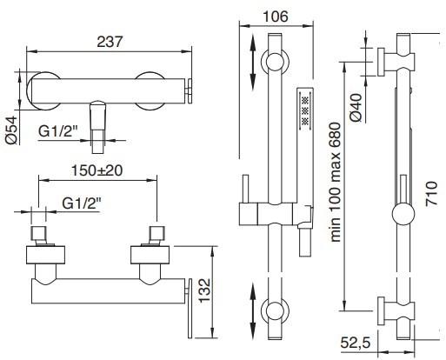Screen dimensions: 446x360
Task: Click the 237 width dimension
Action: (x=110, y=42)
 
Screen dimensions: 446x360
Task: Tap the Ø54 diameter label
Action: (x=12, y=130)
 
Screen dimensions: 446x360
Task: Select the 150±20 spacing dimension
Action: (x=97, y=170)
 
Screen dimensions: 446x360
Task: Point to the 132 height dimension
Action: (x=204, y=290)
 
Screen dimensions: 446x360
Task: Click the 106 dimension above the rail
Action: (x=276, y=17)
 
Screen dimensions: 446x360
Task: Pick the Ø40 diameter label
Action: (x=356, y=107)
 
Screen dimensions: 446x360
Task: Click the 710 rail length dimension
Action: (x=431, y=194)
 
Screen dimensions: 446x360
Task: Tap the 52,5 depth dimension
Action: (x=356, y=343)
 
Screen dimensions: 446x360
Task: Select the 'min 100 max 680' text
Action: (x=336, y=182)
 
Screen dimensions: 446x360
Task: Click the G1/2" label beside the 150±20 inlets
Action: (x=82, y=203)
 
